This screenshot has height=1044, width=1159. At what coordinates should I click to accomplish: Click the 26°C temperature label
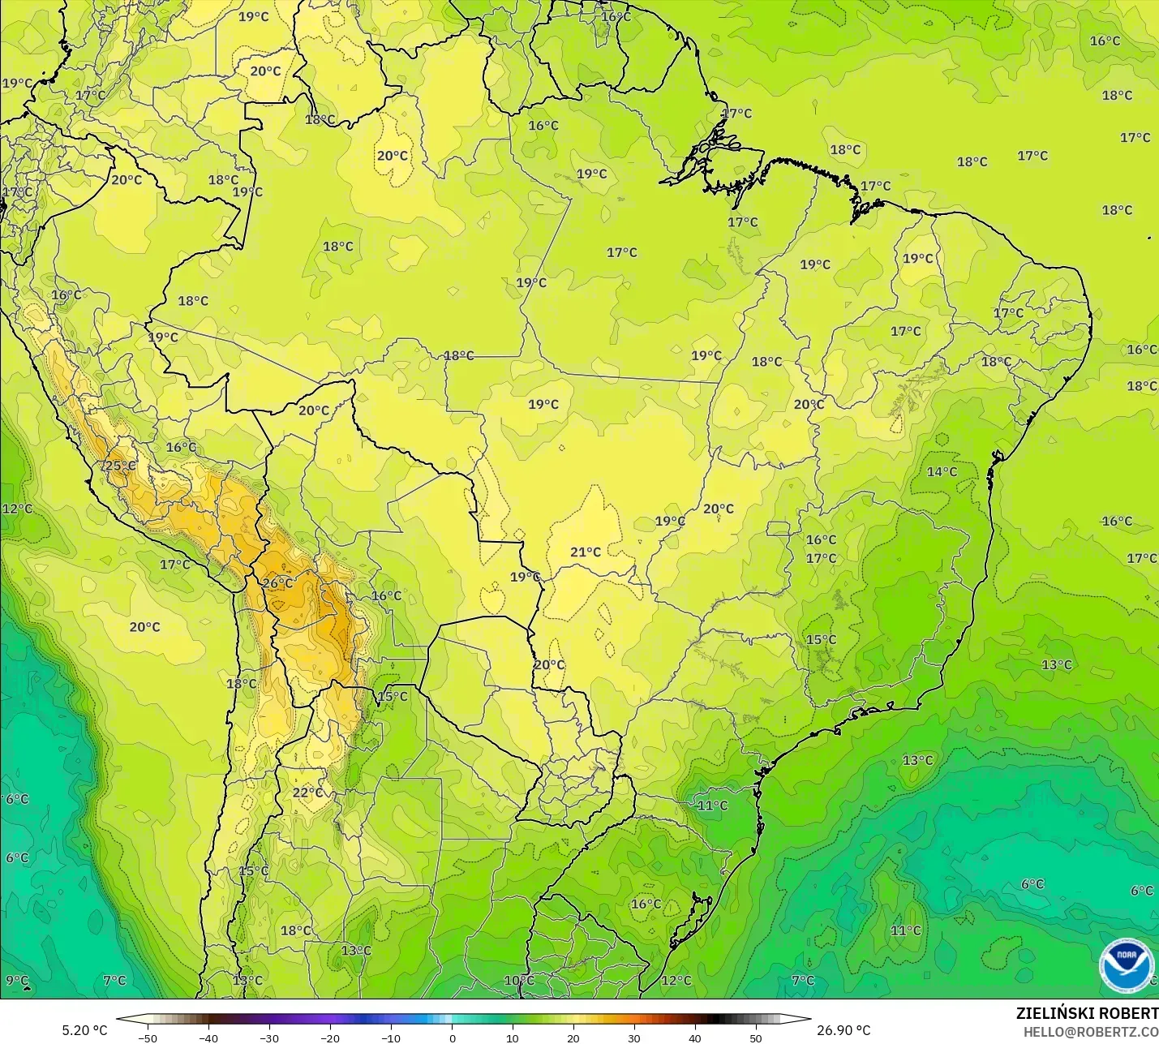[277, 583]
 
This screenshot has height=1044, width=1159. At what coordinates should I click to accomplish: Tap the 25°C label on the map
[120, 466]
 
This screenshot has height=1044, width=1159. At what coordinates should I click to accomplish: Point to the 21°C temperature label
[586, 552]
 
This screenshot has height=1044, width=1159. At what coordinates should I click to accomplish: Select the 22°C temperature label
[307, 793]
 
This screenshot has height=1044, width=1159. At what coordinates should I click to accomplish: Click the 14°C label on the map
[942, 472]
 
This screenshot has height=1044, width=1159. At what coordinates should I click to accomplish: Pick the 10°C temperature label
[519, 981]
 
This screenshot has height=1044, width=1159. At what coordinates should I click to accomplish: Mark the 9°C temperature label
[17, 981]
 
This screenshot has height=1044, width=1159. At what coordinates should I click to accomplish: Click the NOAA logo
[1126, 965]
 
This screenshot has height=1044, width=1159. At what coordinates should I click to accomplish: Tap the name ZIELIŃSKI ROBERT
[1087, 1013]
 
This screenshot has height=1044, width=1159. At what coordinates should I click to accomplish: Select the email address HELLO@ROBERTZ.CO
[1090, 1032]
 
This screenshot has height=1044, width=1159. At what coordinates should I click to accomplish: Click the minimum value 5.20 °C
[84, 1030]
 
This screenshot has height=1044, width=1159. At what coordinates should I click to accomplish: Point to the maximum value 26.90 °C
[843, 1030]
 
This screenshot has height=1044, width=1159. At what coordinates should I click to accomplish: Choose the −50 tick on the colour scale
[147, 1038]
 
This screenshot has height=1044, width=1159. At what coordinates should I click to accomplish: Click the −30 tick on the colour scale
[268, 1038]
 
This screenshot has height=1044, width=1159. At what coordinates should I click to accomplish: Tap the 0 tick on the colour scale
[453, 1038]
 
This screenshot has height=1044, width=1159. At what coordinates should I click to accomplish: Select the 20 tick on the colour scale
[573, 1038]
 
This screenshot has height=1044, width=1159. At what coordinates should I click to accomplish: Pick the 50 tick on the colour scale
[756, 1038]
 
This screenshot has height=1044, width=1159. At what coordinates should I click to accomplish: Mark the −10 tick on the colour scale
[390, 1038]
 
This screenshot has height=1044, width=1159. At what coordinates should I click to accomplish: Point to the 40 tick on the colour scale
[695, 1038]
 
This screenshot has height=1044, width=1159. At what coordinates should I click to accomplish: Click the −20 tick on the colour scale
[329, 1038]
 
